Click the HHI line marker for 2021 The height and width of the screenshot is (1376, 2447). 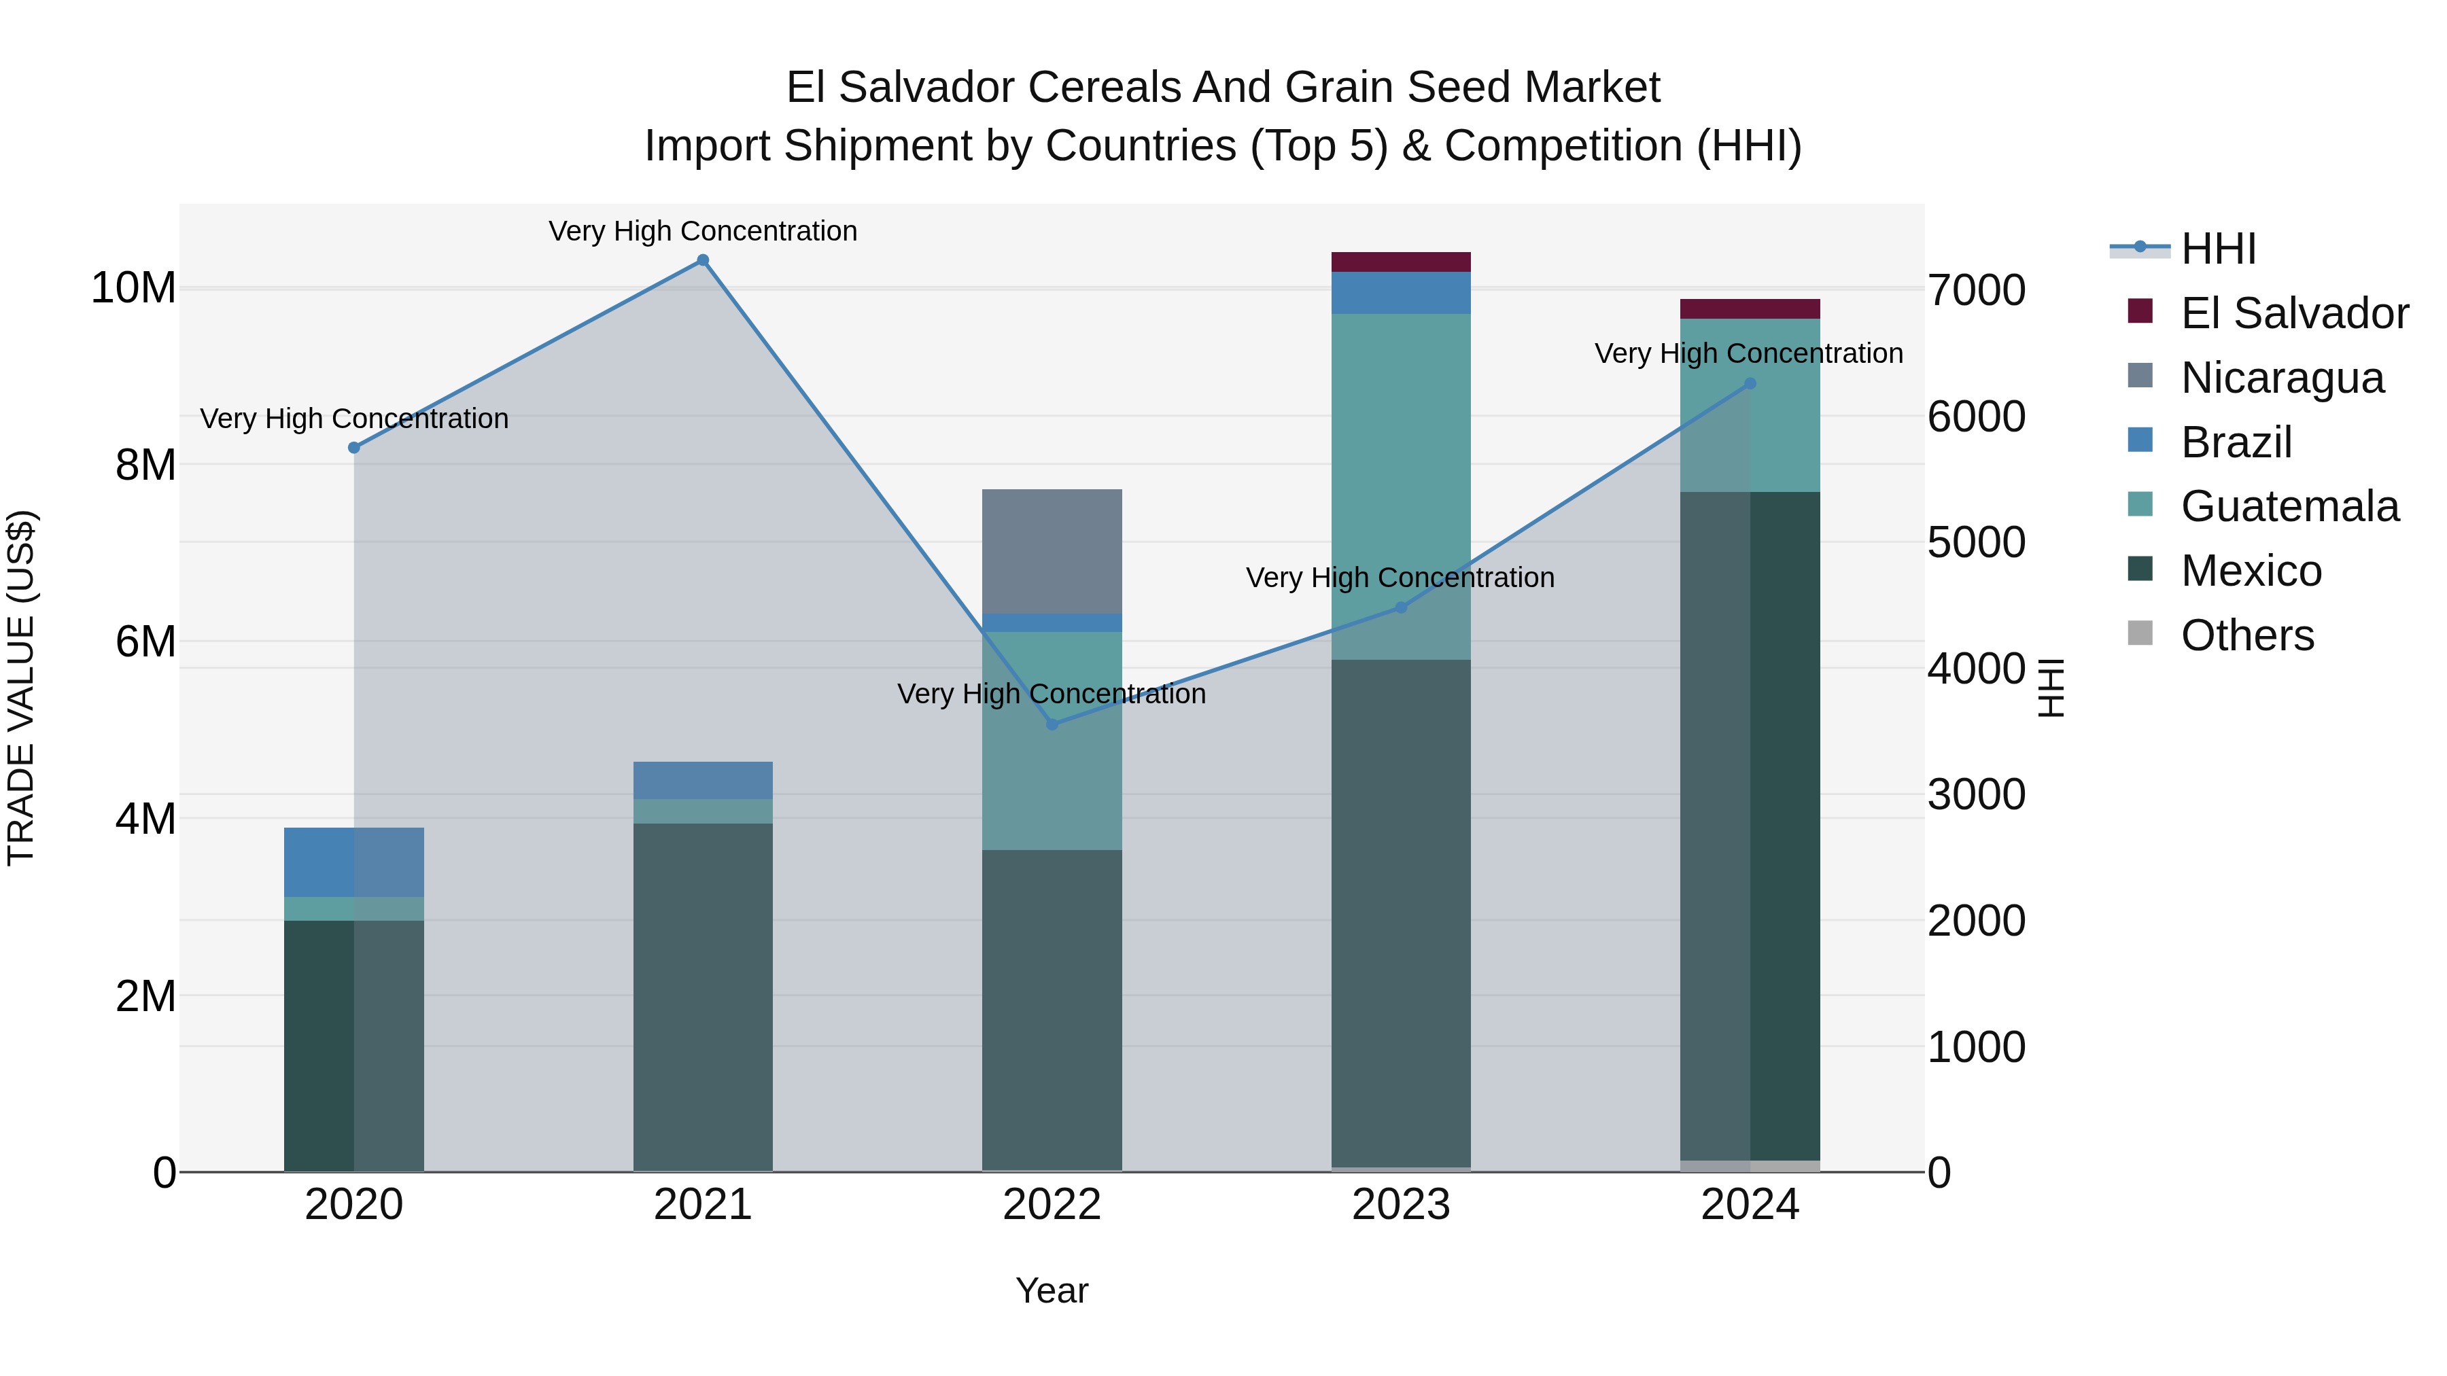703,260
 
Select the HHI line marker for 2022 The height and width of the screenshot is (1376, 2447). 1052,724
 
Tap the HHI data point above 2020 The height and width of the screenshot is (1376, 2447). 354,447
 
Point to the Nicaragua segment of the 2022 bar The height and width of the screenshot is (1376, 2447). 1052,552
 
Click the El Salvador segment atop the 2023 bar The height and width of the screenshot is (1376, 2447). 1400,262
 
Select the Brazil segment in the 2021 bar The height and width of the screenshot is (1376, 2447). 703,779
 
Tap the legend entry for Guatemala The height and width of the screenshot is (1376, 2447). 2289,506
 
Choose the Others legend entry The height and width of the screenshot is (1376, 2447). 2246,635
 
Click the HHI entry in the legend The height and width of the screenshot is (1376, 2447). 2217,249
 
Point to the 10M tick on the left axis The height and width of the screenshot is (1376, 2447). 133,287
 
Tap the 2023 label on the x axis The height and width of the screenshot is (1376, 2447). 1400,1205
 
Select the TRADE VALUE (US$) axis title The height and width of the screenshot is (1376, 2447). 21,688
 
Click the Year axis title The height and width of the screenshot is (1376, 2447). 1052,1290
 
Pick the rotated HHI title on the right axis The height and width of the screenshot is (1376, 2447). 2052,688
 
